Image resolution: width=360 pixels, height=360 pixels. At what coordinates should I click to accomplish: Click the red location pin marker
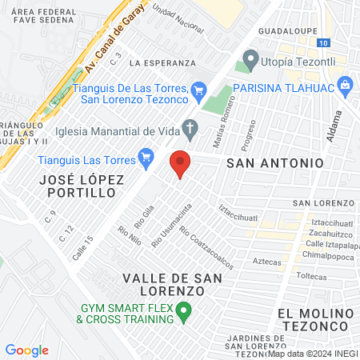(x=180, y=164)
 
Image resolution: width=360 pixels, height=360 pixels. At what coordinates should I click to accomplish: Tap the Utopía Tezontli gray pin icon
(x=251, y=58)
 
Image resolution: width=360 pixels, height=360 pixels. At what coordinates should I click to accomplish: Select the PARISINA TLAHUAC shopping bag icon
(x=346, y=84)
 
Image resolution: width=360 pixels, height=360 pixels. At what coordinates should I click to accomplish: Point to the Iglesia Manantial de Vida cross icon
(x=190, y=126)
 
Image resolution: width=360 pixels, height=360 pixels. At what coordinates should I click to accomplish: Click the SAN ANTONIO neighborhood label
(x=275, y=162)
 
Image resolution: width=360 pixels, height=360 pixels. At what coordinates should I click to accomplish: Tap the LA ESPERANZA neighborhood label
(x=162, y=62)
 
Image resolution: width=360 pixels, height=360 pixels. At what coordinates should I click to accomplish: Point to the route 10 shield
(x=322, y=42)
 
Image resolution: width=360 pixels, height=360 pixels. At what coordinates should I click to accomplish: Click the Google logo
(x=26, y=350)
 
